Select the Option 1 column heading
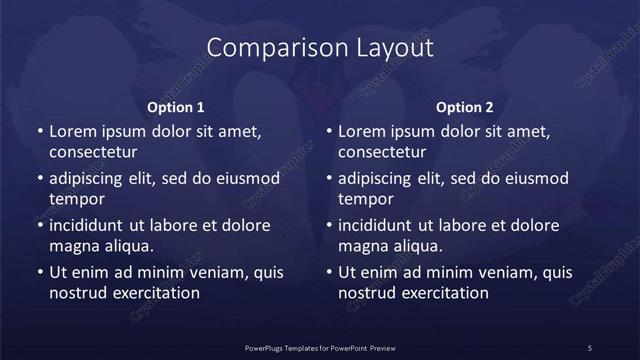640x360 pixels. coord(176,106)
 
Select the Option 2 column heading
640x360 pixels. coord(465,106)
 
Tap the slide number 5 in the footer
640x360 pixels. coord(590,347)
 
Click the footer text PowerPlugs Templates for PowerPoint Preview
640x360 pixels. coord(320,347)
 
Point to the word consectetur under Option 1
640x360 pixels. coord(93,152)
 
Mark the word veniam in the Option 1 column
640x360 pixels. coord(212,272)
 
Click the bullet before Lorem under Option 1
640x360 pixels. coord(39,131)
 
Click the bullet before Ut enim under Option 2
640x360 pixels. coord(329,272)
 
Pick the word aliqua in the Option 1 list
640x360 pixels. coord(129,246)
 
